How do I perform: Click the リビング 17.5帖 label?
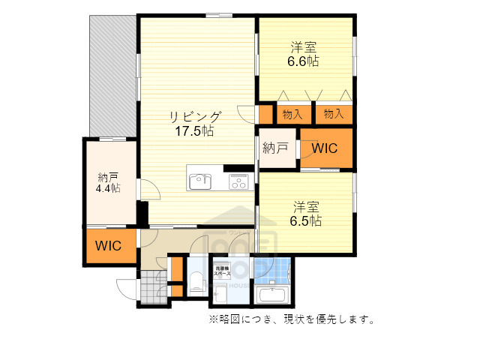point(194,123)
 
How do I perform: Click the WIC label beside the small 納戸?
point(325,148)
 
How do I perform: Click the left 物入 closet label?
point(292,114)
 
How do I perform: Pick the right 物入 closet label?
point(334,114)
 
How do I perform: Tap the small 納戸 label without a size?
point(275,148)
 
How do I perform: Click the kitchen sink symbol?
point(200,180)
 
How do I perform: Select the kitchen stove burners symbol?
point(238,181)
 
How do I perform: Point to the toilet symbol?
point(196,281)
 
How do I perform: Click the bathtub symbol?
point(272,294)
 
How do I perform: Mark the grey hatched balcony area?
point(112,75)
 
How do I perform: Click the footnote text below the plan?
point(291,319)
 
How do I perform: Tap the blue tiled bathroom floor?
point(271,271)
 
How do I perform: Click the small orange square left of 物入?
point(265,114)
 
